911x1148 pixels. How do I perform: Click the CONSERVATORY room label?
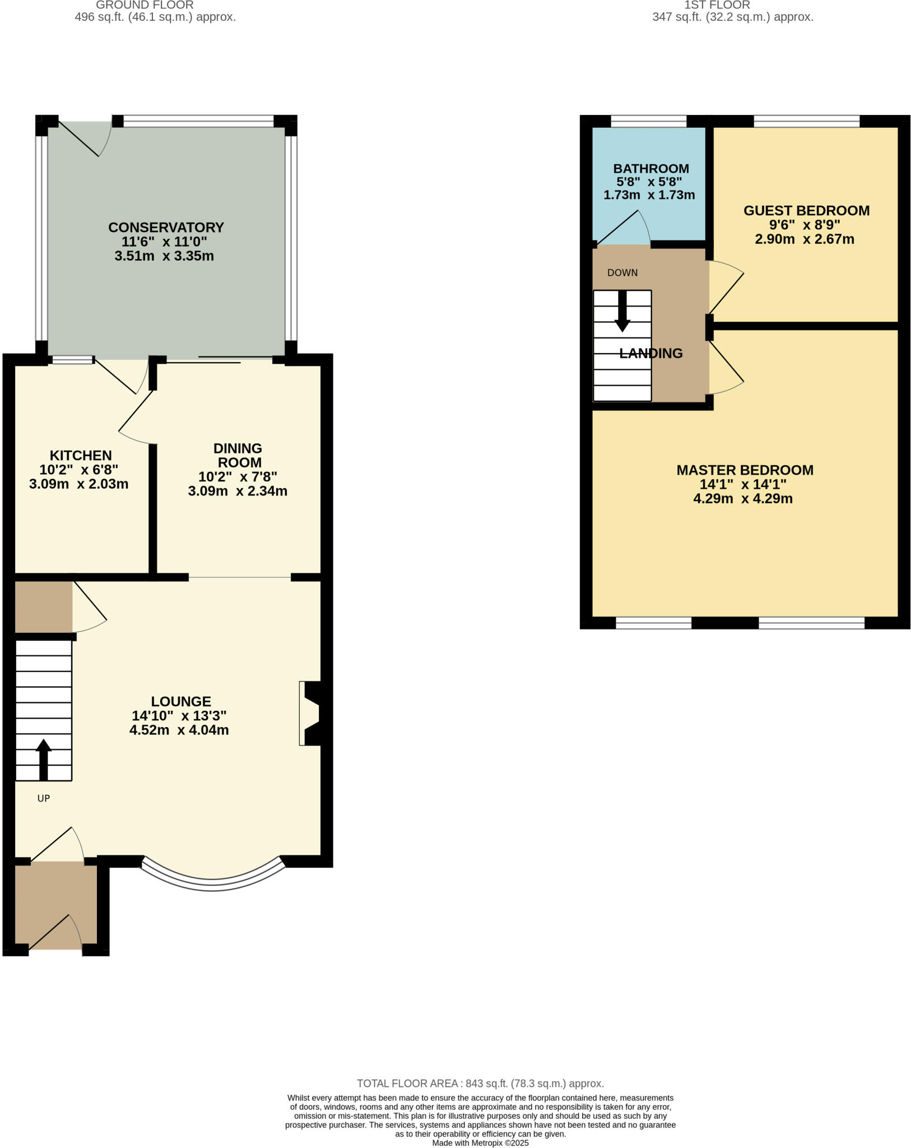pyautogui.click(x=166, y=227)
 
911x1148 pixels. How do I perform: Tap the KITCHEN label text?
pyautogui.click(x=81, y=455)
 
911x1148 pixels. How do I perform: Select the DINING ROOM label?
pyautogui.click(x=238, y=455)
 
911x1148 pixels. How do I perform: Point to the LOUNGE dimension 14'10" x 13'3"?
pyautogui.click(x=179, y=716)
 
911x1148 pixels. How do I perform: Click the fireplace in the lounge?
pyautogui.click(x=311, y=713)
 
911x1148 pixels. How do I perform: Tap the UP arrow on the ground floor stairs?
pyautogui.click(x=43, y=760)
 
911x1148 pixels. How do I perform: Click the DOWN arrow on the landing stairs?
pyautogui.click(x=622, y=311)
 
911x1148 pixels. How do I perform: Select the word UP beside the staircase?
pyautogui.click(x=44, y=798)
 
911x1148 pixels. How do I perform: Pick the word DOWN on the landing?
pyautogui.click(x=622, y=273)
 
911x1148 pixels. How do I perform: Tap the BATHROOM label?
pyautogui.click(x=650, y=168)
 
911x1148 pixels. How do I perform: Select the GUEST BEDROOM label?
pyautogui.click(x=806, y=210)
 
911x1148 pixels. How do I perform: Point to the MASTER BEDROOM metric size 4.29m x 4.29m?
pyautogui.click(x=743, y=498)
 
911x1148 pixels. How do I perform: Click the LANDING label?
pyautogui.click(x=651, y=353)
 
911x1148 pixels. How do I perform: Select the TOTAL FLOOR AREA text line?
pyautogui.click(x=480, y=1084)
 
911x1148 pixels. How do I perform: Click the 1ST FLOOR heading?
pyautogui.click(x=717, y=5)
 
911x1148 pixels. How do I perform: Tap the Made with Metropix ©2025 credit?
pyautogui.click(x=480, y=1143)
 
